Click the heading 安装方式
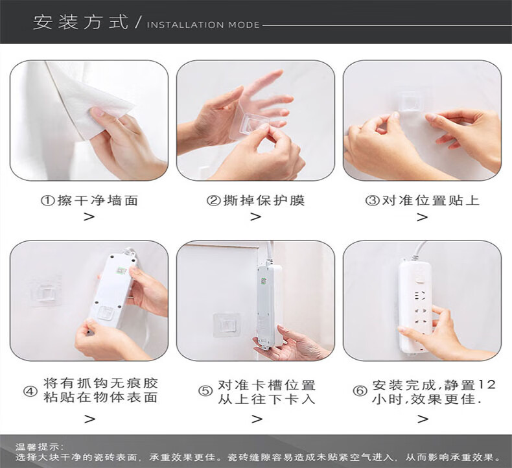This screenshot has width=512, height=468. click(x=80, y=22)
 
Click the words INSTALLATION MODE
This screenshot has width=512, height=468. click(x=203, y=25)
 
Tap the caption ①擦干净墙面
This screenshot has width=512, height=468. click(x=89, y=200)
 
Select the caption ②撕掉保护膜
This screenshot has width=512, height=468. click(x=255, y=200)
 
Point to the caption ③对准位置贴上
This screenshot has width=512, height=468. click(x=422, y=200)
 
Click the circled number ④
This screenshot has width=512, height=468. click(x=30, y=391)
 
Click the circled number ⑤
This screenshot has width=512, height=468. click(x=205, y=391)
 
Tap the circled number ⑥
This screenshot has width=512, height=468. click(x=360, y=391)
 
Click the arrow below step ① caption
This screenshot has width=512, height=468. click(x=89, y=217)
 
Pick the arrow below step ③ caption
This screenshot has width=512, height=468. click(x=422, y=217)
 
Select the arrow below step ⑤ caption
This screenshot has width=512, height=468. click(x=257, y=419)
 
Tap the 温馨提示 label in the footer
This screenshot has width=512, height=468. click(x=39, y=447)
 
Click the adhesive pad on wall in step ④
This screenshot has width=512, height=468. click(x=46, y=290)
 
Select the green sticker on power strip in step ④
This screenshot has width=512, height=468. click(x=122, y=271)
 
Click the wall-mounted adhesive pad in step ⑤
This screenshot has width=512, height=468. click(x=227, y=325)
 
